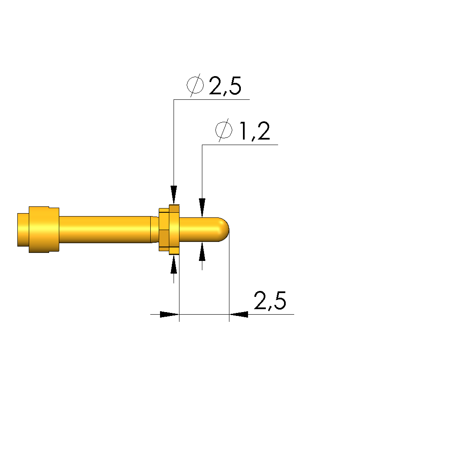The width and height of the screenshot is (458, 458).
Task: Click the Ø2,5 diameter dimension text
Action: (x=214, y=85)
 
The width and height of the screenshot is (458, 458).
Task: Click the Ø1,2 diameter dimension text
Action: (x=243, y=131)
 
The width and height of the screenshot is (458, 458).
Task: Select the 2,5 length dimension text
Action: (x=270, y=300)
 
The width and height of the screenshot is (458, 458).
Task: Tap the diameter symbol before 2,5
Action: (x=195, y=85)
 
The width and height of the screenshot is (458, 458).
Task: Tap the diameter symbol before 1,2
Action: (x=224, y=131)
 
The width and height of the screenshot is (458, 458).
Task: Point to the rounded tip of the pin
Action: (x=224, y=230)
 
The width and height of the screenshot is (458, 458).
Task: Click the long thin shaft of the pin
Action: (x=105, y=230)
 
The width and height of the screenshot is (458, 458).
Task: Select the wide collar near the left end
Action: (x=44, y=230)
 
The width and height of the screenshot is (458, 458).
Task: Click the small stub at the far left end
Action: (x=23, y=230)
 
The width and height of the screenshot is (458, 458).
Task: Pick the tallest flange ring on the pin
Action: (x=174, y=230)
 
